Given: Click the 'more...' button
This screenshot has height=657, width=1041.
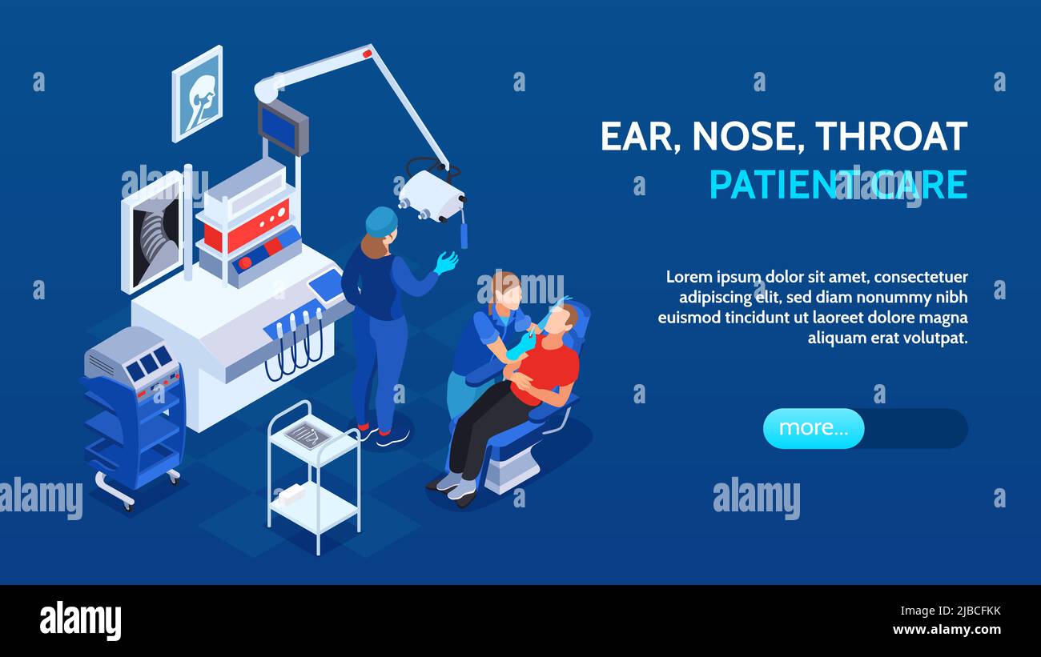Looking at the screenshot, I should pos(813,428).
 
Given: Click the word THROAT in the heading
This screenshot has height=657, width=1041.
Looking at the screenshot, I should pos(891,137).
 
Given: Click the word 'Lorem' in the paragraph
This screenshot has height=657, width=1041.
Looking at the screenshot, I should pos(689,277).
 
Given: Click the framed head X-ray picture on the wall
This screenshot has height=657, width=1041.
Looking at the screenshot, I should pos(197,94).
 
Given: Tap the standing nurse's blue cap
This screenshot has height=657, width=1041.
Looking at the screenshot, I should pos(381,221).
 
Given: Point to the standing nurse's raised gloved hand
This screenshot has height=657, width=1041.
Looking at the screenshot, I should pos(445,262).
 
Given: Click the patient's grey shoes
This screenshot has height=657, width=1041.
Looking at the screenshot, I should pos(455,486).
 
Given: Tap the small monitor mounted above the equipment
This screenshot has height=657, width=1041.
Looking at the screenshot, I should pos(283,127).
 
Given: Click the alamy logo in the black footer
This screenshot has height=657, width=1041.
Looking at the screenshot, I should pos(80,621).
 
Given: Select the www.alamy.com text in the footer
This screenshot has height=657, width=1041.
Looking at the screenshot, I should pos(947,630).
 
